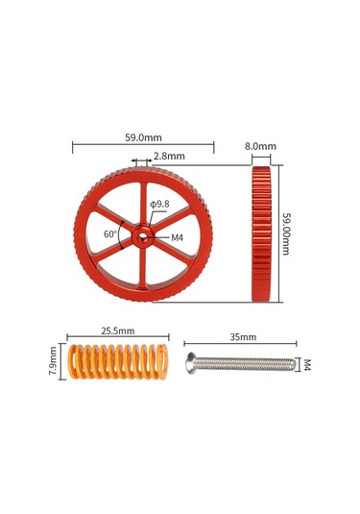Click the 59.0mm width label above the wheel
click(x=143, y=137)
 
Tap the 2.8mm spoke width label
click(x=169, y=156)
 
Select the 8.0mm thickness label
click(x=260, y=147)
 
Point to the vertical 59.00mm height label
click(x=287, y=233)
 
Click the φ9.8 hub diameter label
click(x=160, y=204)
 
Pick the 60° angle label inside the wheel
click(x=112, y=233)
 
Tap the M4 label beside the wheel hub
click(x=177, y=236)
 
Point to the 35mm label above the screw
click(x=243, y=337)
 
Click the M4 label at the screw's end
click(x=307, y=365)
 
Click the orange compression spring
click(x=115, y=365)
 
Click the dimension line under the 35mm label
click(x=243, y=347)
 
